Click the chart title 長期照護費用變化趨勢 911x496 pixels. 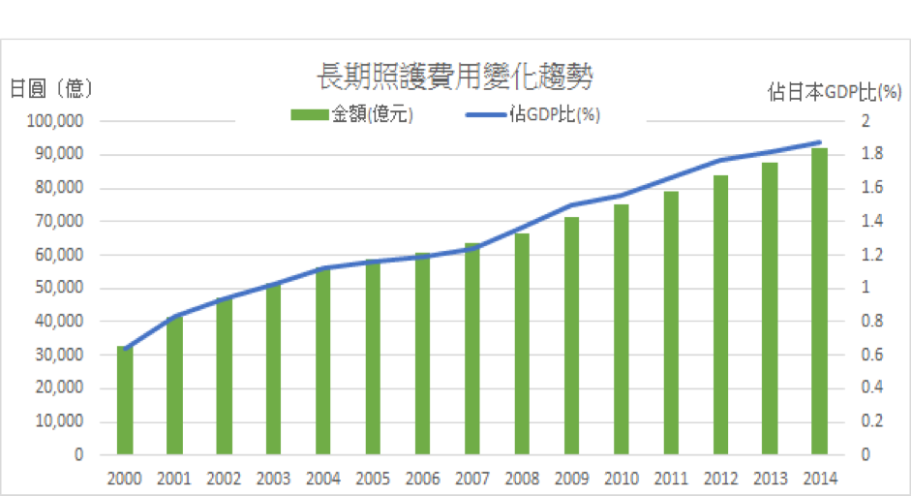[455, 77]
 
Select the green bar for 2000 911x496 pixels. [125, 400]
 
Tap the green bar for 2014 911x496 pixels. [820, 301]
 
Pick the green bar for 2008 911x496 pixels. [522, 344]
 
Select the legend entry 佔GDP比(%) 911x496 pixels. [554, 114]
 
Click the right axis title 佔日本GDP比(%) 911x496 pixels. [835, 92]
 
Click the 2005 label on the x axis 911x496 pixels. [373, 478]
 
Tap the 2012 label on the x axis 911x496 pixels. [720, 478]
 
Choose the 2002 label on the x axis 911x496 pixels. [224, 478]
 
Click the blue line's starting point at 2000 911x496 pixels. [125, 348]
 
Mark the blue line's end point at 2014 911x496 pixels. [820, 142]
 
